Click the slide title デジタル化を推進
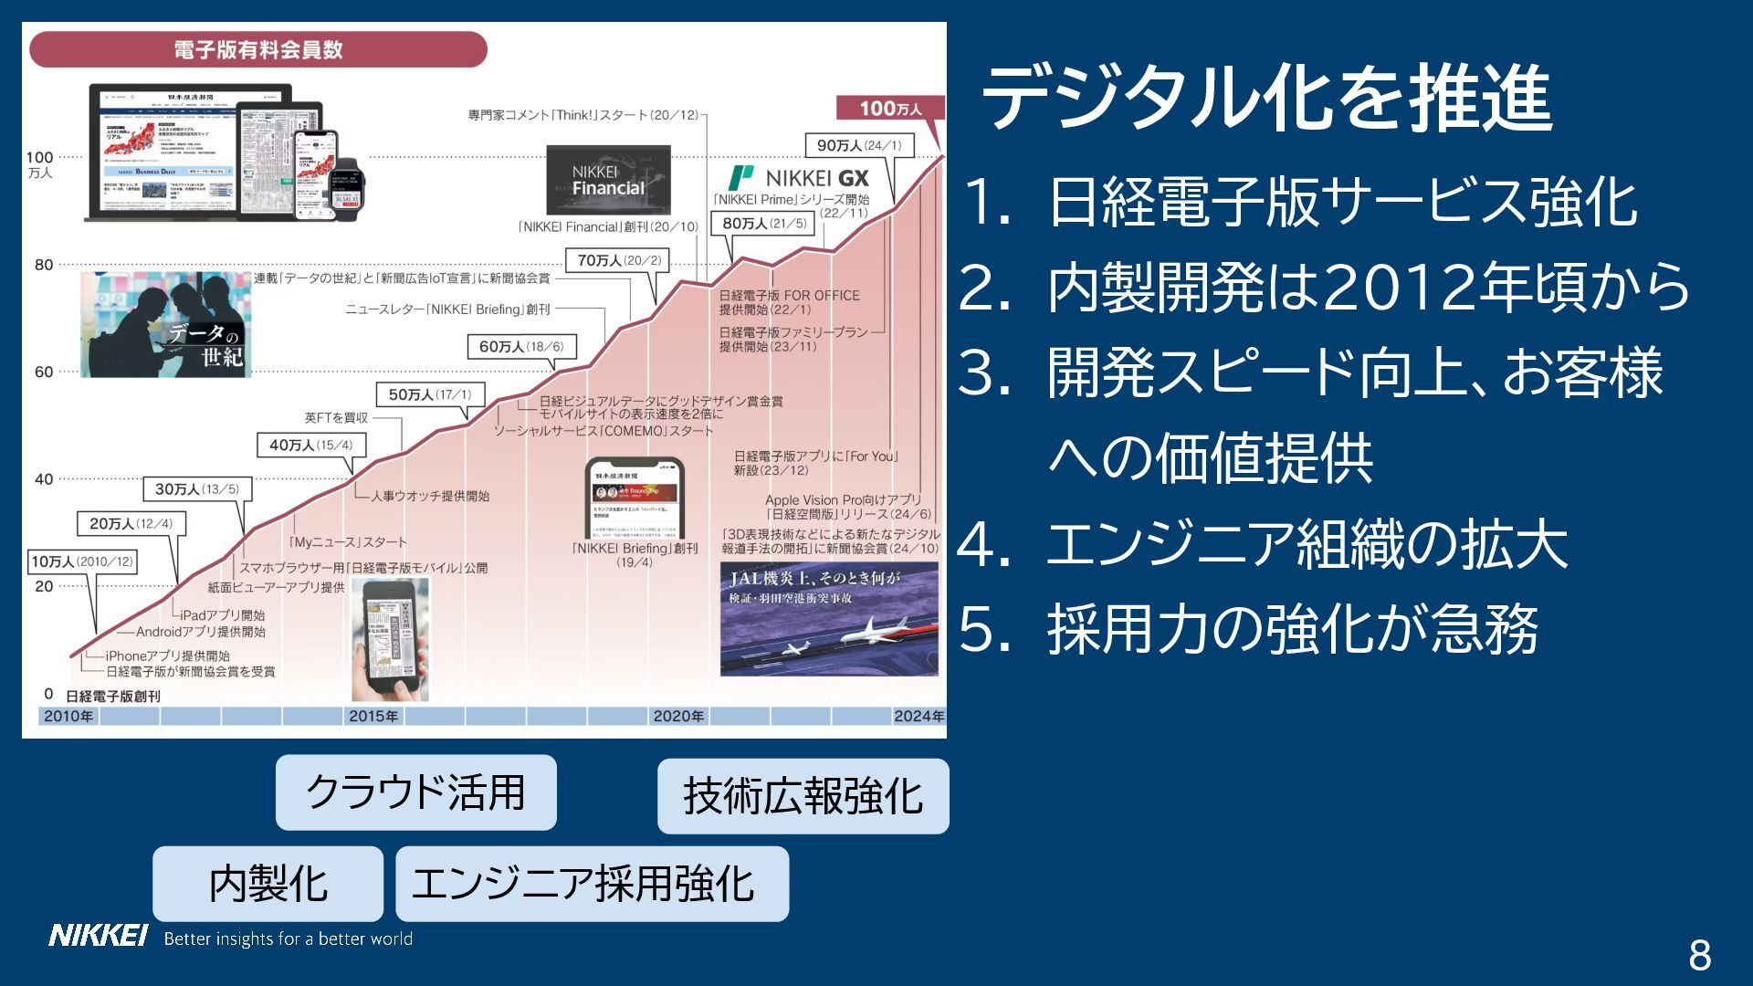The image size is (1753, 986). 1265,99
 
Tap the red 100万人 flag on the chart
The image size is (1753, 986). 890,109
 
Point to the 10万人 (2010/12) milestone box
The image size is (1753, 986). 82,561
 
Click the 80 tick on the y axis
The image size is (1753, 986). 44,265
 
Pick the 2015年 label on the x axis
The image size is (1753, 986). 373,716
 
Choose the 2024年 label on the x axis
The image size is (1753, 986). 918,716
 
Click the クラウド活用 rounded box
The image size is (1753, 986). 415,792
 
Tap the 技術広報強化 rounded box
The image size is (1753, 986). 803,795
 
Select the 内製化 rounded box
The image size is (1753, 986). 268,883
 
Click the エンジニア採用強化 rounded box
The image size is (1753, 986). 592,883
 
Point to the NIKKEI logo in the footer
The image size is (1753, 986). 98,936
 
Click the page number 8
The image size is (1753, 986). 1699,955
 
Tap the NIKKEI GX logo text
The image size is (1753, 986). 816,178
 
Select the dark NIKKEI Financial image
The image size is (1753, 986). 608,180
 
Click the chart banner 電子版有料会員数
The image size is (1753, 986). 258,49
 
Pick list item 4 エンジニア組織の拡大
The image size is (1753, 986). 1306,544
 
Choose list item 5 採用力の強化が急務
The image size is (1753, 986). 1292,629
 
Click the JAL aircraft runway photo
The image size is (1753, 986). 828,619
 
